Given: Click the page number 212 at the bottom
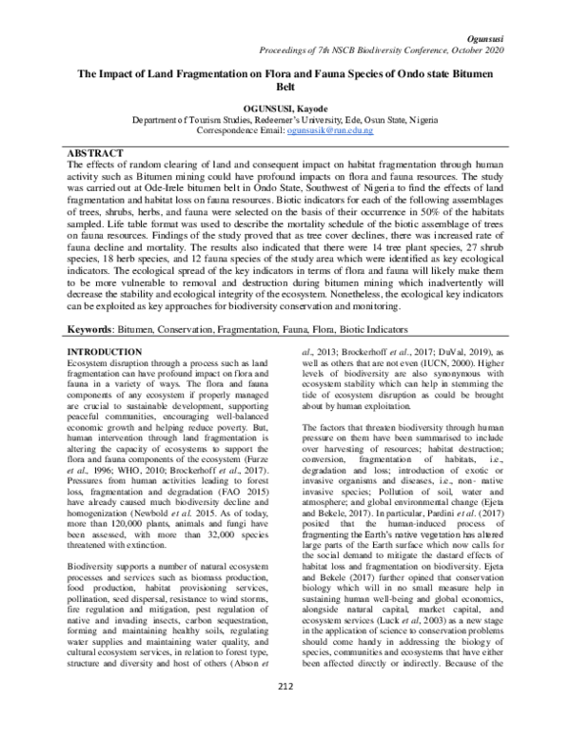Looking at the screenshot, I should (285, 714).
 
